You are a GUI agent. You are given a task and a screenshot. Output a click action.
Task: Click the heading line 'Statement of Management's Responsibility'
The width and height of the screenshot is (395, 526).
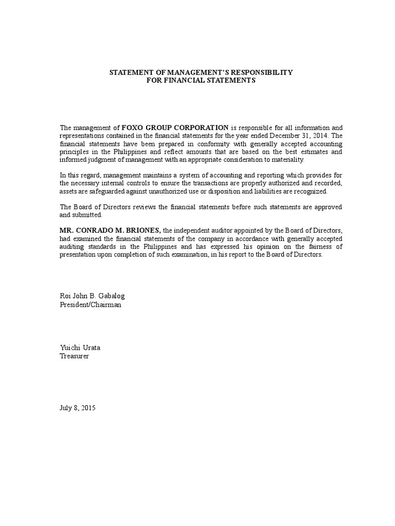201,72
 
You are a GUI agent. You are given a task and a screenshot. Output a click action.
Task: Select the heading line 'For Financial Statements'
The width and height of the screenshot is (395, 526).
201,81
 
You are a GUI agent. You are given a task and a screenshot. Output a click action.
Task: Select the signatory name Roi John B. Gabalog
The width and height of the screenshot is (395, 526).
93,296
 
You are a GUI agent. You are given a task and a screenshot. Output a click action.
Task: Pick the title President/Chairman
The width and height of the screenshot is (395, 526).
91,305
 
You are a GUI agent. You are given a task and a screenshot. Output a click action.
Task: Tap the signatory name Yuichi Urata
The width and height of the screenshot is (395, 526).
80,348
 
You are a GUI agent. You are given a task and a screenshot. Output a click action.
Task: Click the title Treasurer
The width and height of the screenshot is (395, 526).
75,356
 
